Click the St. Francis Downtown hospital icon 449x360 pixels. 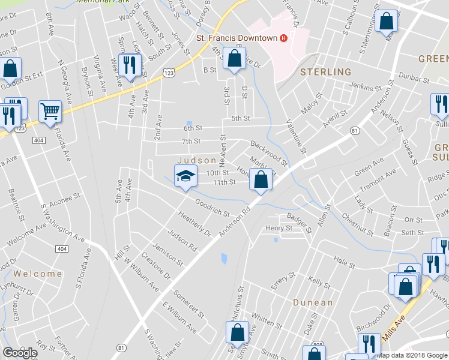pyautogui.click(x=283, y=38)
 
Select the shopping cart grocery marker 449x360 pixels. pyautogui.click(x=50, y=111)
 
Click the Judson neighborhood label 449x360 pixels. pyautogui.click(x=196, y=160)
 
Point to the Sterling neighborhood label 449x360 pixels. pyautogui.click(x=326, y=72)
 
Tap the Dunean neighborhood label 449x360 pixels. pyautogui.click(x=313, y=302)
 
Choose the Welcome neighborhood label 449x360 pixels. pyautogui.click(x=38, y=274)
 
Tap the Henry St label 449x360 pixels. pyautogui.click(x=279, y=228)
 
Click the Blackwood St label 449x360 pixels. pyautogui.click(x=269, y=153)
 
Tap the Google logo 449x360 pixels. pyautogui.click(x=20, y=353)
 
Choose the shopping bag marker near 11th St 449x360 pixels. pyautogui.click(x=261, y=179)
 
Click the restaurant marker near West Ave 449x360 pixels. pyautogui.click(x=130, y=65)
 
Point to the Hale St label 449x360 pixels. pyautogui.click(x=344, y=262)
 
